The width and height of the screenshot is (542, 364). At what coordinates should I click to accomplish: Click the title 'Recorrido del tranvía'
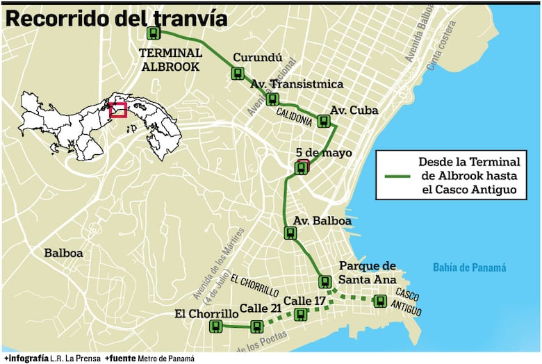click(x=116, y=19)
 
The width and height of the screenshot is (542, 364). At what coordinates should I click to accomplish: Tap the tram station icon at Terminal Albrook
click(x=153, y=33)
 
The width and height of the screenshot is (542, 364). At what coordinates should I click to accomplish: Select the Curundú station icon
click(x=238, y=73)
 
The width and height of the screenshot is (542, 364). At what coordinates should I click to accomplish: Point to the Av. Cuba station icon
click(x=323, y=121)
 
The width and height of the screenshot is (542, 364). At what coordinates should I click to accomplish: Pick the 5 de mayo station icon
click(x=301, y=167)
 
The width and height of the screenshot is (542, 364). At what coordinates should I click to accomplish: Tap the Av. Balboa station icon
click(x=290, y=233)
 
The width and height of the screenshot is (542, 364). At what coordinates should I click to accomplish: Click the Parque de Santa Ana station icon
click(x=325, y=281)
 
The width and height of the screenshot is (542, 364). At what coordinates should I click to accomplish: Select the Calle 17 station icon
click(x=300, y=315)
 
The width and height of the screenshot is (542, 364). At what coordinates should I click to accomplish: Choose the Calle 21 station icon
click(x=257, y=326)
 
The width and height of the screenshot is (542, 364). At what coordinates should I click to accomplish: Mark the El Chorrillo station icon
click(x=216, y=325)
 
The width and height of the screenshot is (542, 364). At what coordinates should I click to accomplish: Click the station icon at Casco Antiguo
click(x=379, y=301)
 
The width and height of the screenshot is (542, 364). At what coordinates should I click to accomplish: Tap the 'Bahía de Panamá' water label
click(x=469, y=267)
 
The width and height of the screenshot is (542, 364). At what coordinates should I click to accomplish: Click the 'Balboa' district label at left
click(x=63, y=253)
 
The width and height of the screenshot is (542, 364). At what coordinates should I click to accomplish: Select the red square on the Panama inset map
click(x=118, y=110)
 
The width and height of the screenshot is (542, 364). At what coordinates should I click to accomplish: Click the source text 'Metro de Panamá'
click(x=165, y=358)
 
